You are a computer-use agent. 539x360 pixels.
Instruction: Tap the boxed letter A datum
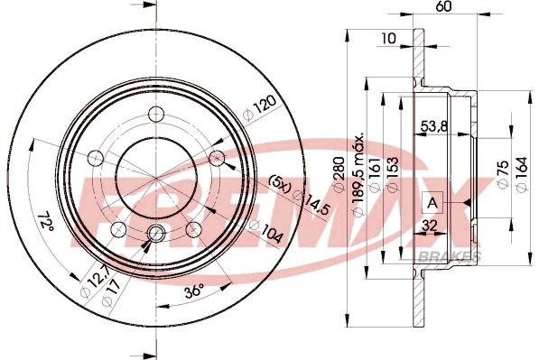click(432, 202)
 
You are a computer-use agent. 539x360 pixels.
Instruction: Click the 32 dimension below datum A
click(430, 226)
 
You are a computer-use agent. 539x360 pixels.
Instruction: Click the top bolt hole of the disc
click(157, 114)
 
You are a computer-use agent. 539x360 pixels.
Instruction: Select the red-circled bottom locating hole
click(154, 235)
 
